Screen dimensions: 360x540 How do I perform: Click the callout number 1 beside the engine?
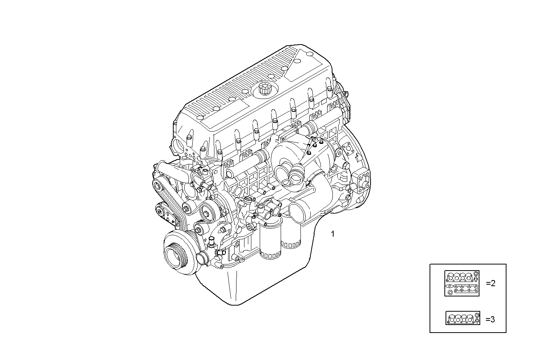coord(333,234)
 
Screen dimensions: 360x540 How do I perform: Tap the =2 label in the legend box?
coord(490,283)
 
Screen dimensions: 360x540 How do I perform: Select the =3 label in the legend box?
coord(490,319)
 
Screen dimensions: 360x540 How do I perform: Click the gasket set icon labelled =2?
coord(462,283)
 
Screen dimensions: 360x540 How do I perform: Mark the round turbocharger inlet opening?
coord(296,176)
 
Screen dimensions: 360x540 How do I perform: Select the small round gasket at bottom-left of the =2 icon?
coord(451,292)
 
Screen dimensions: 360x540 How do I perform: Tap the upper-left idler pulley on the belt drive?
coord(158,186)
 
